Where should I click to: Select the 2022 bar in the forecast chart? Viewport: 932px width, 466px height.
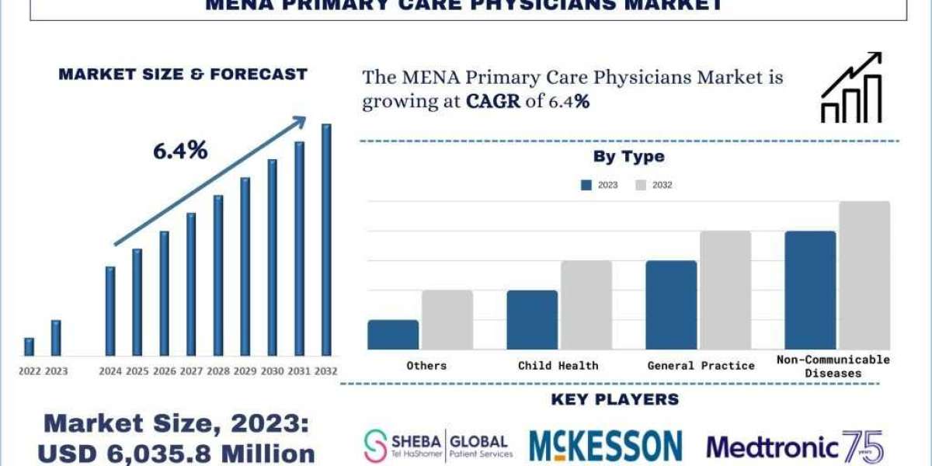click(29, 346)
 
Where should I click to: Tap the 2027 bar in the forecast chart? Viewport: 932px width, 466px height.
click(191, 284)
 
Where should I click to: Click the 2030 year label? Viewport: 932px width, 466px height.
click(272, 371)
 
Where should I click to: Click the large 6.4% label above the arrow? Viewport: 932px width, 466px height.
click(179, 151)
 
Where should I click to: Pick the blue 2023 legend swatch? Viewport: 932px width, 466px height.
click(586, 185)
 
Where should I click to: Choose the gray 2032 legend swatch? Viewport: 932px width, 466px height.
click(641, 185)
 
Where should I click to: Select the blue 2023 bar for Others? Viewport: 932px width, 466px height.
click(393, 334)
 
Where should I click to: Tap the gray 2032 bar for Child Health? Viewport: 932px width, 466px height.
click(586, 304)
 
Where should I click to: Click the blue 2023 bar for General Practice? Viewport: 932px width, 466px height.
click(671, 304)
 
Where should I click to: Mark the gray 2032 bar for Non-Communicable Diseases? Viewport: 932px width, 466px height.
click(864, 275)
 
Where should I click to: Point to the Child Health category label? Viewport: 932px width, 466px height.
click(558, 365)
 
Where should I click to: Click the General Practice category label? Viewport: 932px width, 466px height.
click(700, 365)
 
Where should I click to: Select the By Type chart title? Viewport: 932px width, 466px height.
click(628, 156)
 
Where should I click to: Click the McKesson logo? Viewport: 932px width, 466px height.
click(605, 446)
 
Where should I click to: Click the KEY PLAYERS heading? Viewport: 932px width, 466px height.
click(614, 400)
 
